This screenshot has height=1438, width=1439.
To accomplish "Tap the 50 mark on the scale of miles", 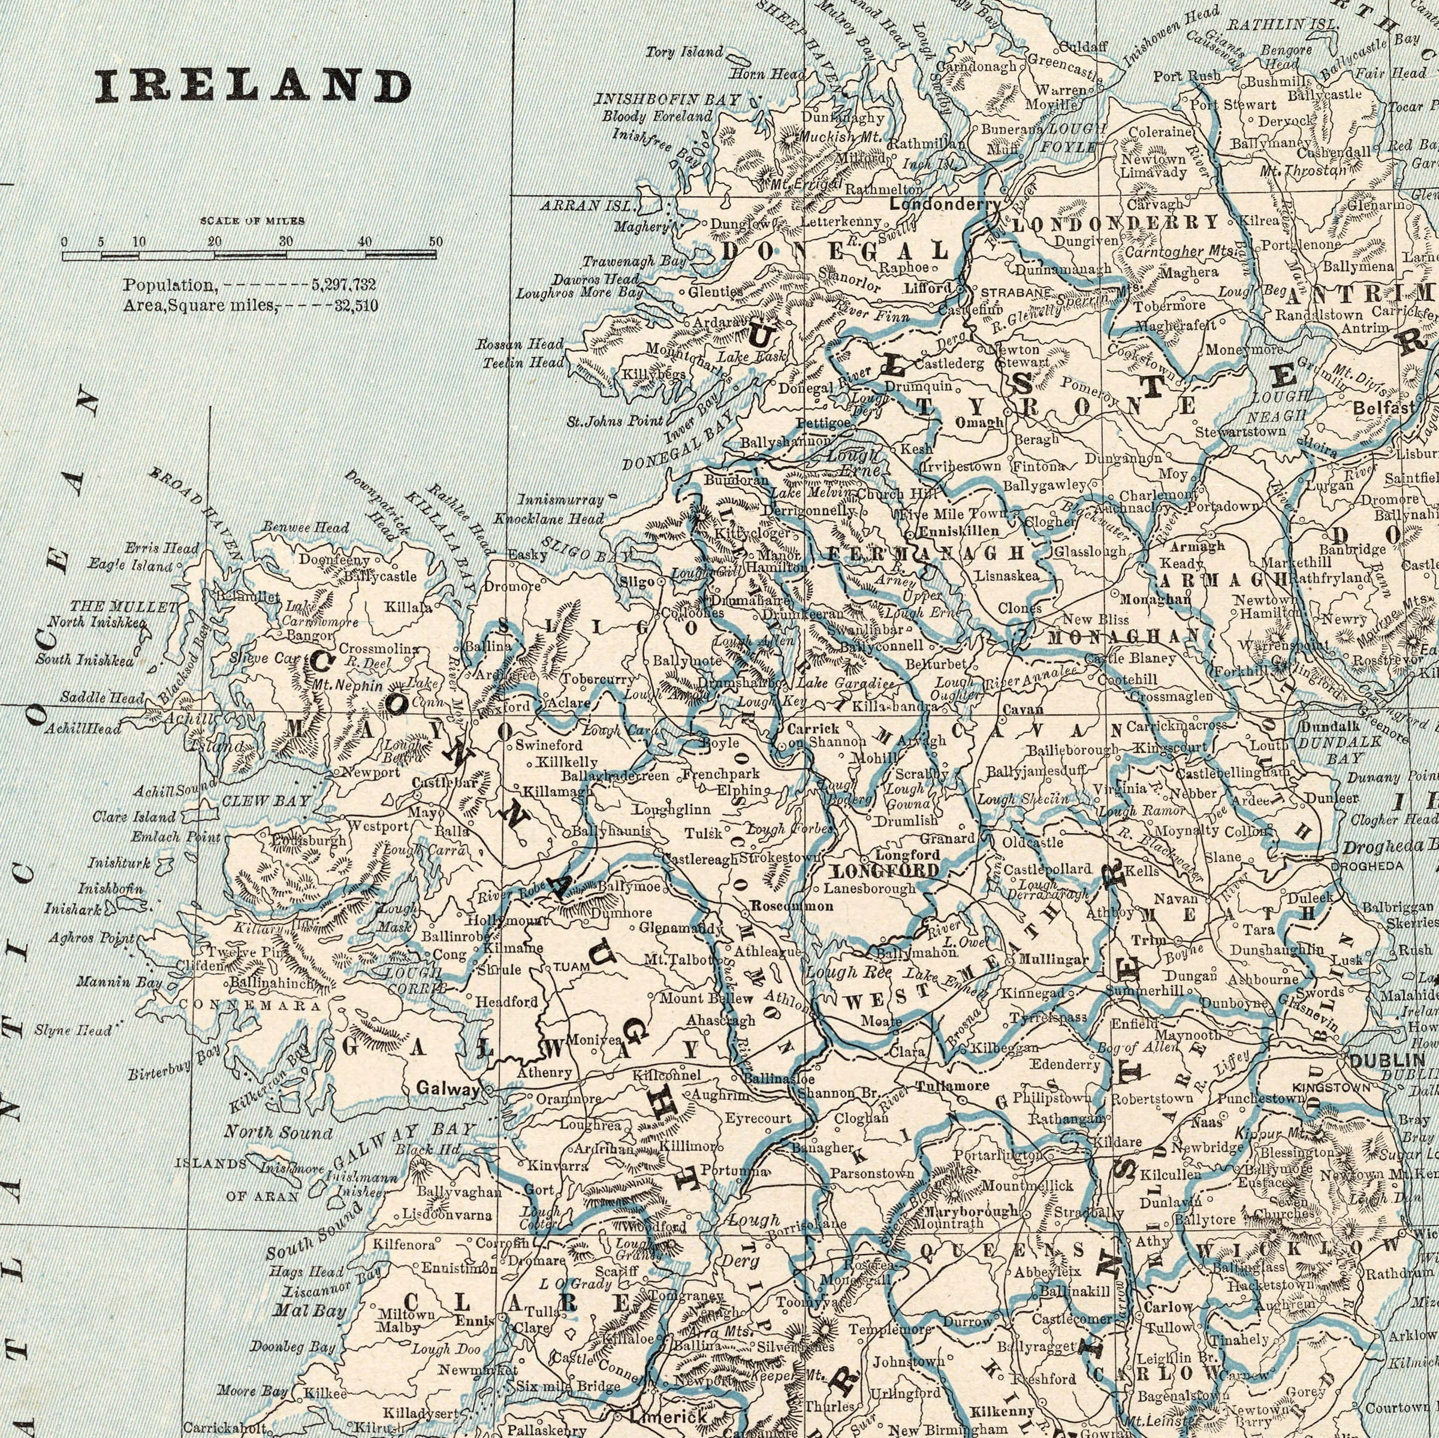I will click(x=436, y=242).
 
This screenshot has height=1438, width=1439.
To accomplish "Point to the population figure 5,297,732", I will click(x=344, y=285).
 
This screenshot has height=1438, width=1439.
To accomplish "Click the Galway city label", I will click(x=447, y=1088).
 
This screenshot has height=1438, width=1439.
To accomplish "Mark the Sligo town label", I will click(x=637, y=581).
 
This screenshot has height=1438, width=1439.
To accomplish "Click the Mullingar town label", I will click(x=1053, y=960).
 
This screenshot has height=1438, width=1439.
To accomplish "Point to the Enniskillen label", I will click(x=958, y=531).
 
